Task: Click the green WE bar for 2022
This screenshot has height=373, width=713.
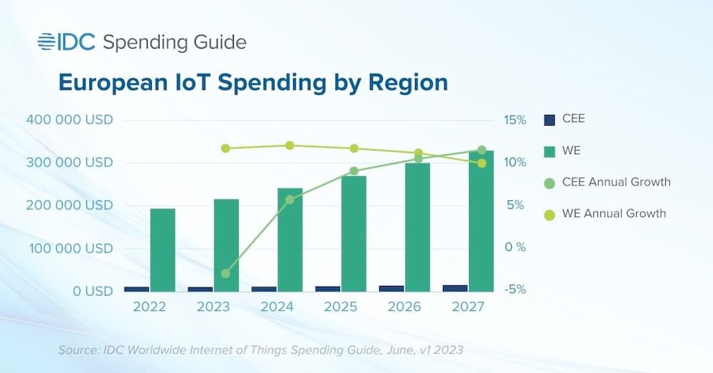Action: click(163, 250)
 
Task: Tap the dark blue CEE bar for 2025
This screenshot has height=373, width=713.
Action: click(328, 288)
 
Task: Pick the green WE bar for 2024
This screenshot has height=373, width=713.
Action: click(290, 240)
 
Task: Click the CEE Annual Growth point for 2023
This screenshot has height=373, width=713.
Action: click(225, 273)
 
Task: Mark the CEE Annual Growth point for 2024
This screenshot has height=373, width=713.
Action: click(289, 200)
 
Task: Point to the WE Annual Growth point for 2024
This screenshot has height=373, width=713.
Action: click(289, 145)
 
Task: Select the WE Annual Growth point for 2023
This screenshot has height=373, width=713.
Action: click(225, 148)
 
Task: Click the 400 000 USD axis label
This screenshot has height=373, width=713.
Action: click(69, 120)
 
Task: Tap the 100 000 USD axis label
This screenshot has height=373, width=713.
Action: click(69, 249)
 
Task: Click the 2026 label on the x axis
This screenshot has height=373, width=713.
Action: click(404, 307)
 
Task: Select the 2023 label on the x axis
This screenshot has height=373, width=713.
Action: click(213, 307)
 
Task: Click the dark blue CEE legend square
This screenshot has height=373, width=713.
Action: click(549, 120)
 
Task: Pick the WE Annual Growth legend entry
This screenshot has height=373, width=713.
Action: click(614, 213)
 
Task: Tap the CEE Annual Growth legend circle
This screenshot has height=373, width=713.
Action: click(549, 183)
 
